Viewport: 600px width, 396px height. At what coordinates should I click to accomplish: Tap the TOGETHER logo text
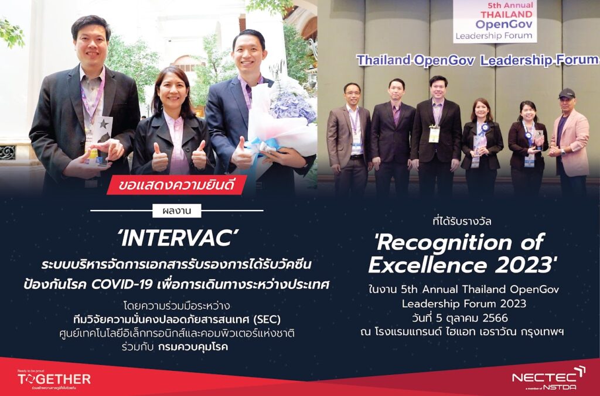tap(54, 379)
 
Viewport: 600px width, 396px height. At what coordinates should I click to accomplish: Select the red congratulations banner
tap(176, 185)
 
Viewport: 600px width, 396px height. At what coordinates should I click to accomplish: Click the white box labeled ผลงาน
tap(177, 211)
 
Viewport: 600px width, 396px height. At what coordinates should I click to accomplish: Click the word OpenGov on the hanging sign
tap(503, 25)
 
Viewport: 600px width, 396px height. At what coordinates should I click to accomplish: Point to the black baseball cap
tap(567, 93)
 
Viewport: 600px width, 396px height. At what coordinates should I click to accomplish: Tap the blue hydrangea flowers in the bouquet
tap(293, 102)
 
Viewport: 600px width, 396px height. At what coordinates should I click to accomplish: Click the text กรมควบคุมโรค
tap(193, 347)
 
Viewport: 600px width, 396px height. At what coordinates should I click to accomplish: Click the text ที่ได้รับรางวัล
tap(462, 222)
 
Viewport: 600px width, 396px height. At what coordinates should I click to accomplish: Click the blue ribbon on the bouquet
tap(264, 147)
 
